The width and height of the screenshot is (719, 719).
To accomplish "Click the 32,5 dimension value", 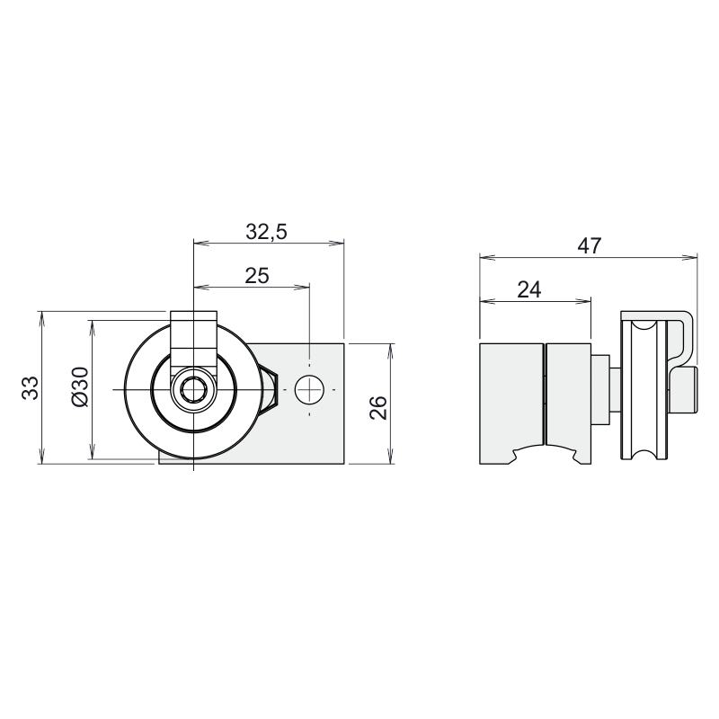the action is pos(266,232).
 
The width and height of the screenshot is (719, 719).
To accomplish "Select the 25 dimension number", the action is pos(257,276).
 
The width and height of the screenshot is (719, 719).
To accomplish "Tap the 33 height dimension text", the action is pos(31,388).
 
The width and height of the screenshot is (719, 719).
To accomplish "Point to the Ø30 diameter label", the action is pos(79,386).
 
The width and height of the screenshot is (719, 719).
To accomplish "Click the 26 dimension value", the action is pos(378,408).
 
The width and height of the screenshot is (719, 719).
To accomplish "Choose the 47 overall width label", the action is pos(589,245).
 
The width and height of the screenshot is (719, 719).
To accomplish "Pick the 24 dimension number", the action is pos(529,289).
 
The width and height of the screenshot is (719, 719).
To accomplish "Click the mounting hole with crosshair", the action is pos(309,390).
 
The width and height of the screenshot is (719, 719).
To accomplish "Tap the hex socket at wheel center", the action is pos(193,390).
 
